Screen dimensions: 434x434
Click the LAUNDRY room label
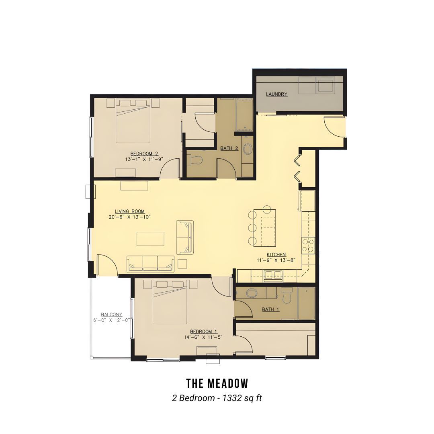(276, 94)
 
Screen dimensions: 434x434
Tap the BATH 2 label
(229, 148)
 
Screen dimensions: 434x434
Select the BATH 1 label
(270, 309)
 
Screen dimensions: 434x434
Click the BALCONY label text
(112, 314)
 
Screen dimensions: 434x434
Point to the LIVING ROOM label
(130, 212)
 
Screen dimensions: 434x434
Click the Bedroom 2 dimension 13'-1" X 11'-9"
(144, 159)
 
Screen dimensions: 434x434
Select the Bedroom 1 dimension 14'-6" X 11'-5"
(203, 337)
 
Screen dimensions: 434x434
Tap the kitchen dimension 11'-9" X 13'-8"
(276, 260)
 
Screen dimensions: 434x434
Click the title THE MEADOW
(217, 384)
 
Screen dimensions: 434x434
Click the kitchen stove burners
(308, 245)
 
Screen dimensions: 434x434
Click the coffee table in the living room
(150, 239)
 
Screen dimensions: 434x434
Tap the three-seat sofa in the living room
(150, 264)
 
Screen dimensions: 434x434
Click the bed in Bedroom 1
(170, 302)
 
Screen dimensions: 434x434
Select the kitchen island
(265, 227)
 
